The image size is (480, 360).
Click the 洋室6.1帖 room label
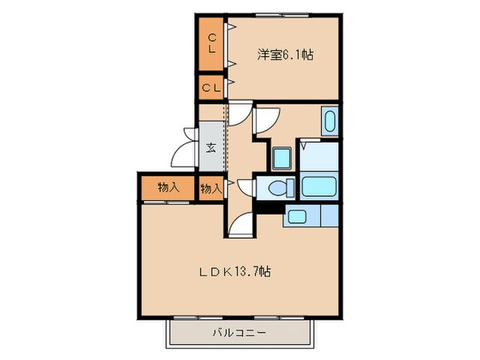pos(285,55)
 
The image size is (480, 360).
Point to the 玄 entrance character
pos(210,147)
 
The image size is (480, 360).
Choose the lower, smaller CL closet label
pos(212,87)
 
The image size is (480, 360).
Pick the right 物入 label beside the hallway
pos(210,189)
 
